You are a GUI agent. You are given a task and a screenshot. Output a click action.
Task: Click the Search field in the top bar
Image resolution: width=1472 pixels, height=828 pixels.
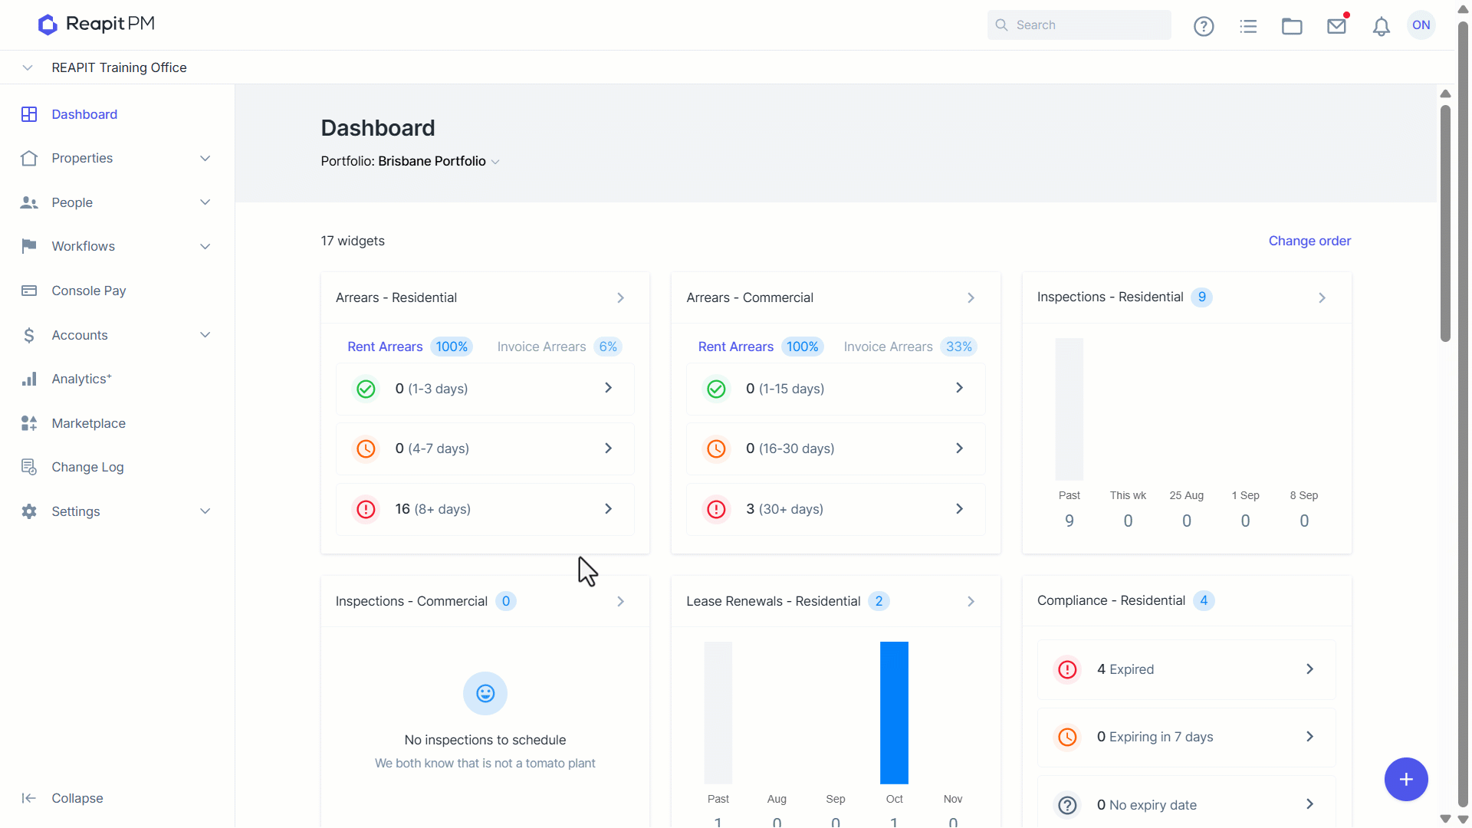[x=1079, y=25]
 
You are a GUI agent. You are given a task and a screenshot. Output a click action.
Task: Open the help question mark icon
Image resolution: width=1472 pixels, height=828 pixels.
[x=1204, y=26]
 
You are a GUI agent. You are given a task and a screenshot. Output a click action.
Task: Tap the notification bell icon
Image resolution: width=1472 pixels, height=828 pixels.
[x=1381, y=27]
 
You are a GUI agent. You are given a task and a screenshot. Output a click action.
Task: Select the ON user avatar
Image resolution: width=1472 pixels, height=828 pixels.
[x=1421, y=25]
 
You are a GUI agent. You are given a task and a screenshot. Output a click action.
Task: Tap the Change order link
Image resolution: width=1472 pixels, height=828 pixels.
[x=1309, y=241]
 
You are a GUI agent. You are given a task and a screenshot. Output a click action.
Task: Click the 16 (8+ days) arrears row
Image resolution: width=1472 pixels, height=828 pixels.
[x=485, y=509]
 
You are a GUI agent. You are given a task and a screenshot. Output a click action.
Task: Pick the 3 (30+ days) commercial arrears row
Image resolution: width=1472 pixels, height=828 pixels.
[x=836, y=509]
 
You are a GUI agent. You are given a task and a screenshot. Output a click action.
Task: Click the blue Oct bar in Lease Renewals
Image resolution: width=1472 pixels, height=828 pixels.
[x=894, y=713]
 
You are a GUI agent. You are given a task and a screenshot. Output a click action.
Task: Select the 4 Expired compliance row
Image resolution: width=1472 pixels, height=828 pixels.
[x=1186, y=669]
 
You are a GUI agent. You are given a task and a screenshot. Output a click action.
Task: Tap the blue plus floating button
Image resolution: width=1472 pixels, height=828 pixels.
[x=1406, y=780]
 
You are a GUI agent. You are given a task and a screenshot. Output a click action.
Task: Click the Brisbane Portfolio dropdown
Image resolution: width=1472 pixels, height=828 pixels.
[x=439, y=161]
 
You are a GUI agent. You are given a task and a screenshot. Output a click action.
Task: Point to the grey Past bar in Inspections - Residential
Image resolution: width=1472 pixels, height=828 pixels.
[x=1069, y=409]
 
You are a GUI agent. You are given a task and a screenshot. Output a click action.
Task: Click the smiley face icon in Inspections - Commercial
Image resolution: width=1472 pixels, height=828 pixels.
[x=485, y=694]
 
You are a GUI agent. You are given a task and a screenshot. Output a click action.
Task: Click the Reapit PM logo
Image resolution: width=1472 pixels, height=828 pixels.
[x=96, y=25]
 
